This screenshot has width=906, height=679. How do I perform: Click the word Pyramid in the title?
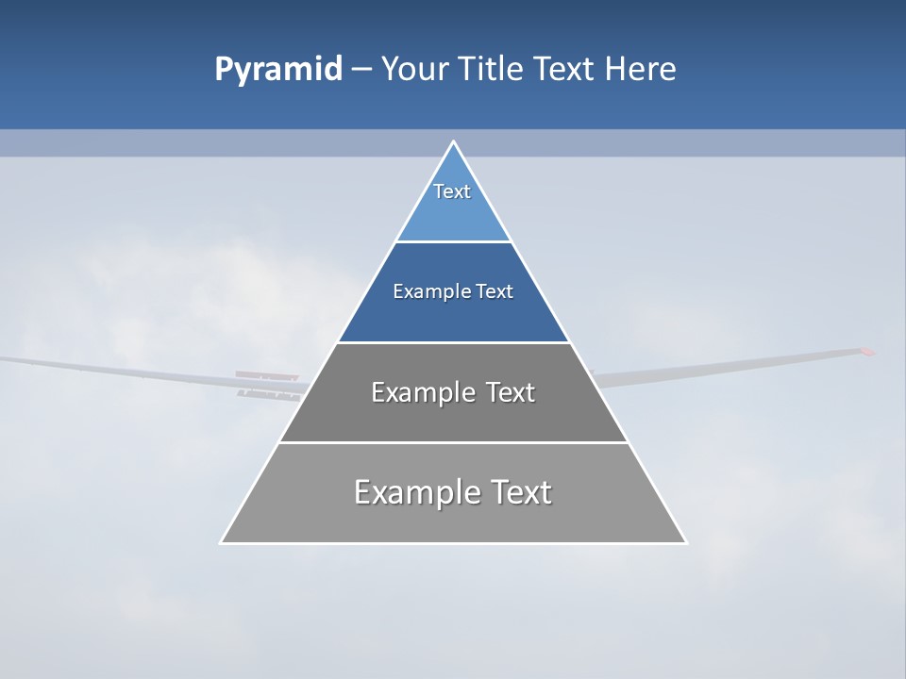pyautogui.click(x=278, y=70)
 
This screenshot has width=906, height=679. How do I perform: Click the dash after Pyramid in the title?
pyautogui.click(x=361, y=70)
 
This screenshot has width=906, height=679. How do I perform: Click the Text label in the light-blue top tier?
pyautogui.click(x=452, y=191)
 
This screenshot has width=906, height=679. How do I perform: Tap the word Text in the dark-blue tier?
pyautogui.click(x=495, y=291)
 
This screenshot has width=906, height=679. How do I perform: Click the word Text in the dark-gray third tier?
pyautogui.click(x=511, y=392)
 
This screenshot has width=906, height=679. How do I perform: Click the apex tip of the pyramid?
pyautogui.click(x=453, y=142)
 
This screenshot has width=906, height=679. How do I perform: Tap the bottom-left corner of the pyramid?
pyautogui.click(x=222, y=542)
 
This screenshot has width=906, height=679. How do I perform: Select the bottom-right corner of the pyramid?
pyautogui.click(x=685, y=542)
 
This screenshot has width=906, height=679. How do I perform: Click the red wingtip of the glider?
pyautogui.click(x=865, y=353)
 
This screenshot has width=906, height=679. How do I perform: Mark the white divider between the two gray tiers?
pyautogui.click(x=453, y=442)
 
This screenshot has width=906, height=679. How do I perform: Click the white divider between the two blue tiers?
pyautogui.click(x=453, y=242)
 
